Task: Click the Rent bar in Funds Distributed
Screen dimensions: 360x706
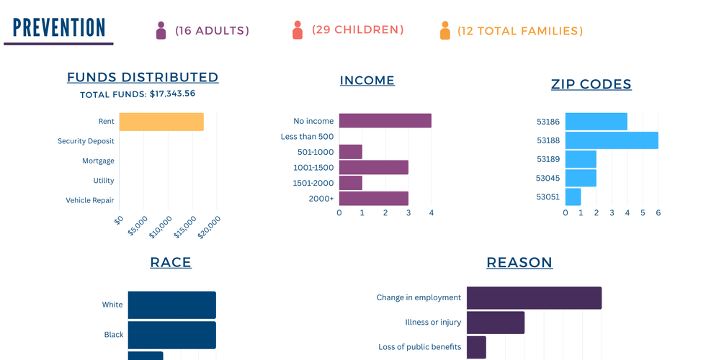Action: tap(161, 122)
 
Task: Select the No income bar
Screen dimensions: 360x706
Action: tap(385, 121)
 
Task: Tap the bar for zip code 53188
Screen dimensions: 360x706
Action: tap(612, 140)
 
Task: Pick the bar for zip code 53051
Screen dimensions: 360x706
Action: tap(573, 197)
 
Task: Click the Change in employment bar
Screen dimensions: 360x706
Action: tap(534, 297)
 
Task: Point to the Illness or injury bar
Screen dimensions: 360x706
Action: tap(496, 323)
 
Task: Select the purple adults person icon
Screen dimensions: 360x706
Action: tap(161, 30)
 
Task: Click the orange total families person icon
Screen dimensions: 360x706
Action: tap(445, 31)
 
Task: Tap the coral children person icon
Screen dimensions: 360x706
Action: tap(298, 30)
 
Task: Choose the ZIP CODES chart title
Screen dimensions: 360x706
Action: tap(591, 84)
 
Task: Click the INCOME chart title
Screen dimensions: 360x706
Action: tap(367, 81)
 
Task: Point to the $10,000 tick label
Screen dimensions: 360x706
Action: tap(161, 228)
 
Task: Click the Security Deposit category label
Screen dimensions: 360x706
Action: tap(86, 141)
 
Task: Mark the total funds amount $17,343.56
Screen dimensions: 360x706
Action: tap(172, 94)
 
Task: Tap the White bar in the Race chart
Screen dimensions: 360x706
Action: tap(172, 305)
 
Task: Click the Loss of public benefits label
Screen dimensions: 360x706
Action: tap(419, 347)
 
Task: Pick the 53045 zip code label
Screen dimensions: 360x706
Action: tap(548, 177)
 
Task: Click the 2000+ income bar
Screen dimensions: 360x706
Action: tap(374, 199)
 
